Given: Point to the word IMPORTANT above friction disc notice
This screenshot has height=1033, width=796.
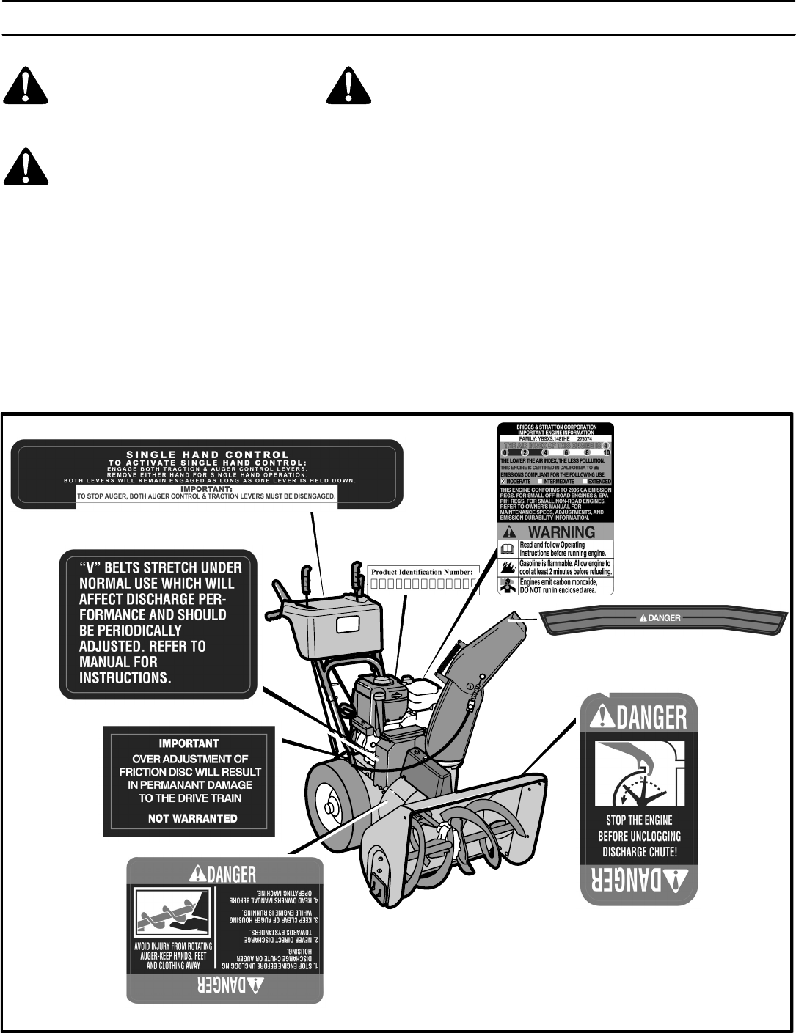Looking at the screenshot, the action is pyautogui.click(x=189, y=743).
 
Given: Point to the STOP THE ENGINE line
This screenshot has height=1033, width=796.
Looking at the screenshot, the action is pyautogui.click(x=639, y=820).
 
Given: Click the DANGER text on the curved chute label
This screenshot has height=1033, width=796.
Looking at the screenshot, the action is pyautogui.click(x=660, y=618).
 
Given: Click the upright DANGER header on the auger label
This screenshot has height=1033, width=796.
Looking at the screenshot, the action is pyautogui.click(x=223, y=873).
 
